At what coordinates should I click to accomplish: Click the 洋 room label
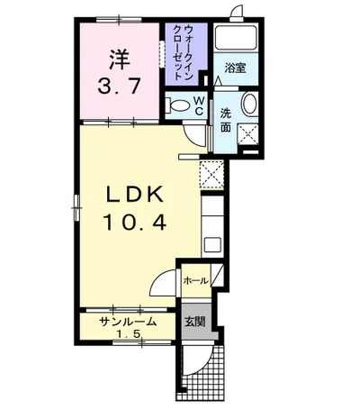tap(120, 59)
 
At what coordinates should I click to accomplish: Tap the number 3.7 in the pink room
tap(119, 86)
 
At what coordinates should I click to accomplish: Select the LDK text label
tap(135, 196)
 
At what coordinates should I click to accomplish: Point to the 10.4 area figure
tap(135, 223)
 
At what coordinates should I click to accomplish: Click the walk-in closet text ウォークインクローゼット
tap(183, 53)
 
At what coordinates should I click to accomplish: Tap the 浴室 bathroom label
tap(236, 68)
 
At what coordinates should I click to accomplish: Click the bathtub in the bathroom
tap(236, 38)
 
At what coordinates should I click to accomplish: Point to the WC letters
tap(199, 105)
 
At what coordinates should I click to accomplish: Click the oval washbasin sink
tap(249, 104)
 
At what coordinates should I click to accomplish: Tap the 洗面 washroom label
tap(226, 120)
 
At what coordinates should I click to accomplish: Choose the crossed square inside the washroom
tap(248, 134)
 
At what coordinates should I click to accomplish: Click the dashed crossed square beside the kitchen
tap(211, 174)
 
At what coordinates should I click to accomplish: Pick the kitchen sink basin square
tap(212, 245)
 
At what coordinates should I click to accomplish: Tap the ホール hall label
tap(195, 281)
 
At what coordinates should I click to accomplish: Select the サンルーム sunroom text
tap(128, 322)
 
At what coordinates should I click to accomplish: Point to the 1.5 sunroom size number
tap(129, 333)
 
